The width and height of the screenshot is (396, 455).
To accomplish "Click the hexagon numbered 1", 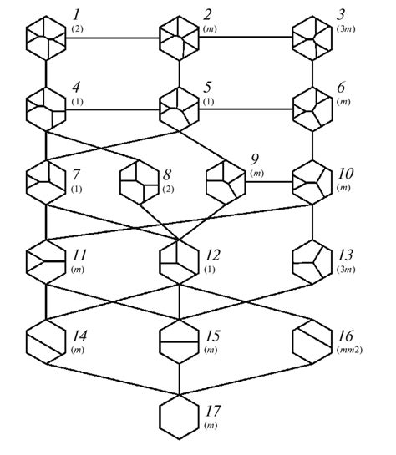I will click(45, 38).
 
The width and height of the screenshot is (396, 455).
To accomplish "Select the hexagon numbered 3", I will click(313, 38).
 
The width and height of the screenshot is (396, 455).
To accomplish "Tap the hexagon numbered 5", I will click(180, 109).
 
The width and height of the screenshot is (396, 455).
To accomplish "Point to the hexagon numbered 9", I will click(226, 179).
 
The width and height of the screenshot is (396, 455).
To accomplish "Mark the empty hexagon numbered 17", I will click(180, 417).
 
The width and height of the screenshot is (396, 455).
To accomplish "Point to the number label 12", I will click(213, 255).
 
